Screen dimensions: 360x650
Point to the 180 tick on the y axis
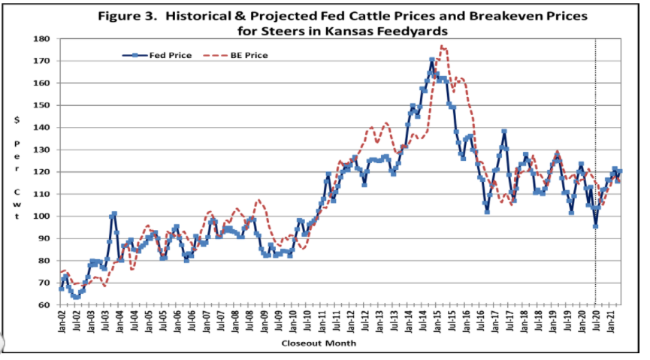point(42,38)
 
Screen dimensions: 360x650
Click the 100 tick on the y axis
point(42,216)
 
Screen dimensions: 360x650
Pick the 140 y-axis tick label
point(42,127)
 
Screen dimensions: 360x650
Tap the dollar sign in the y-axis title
point(17,119)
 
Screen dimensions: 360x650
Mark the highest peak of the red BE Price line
point(443,47)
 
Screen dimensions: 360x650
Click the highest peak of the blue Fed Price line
point(432,60)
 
